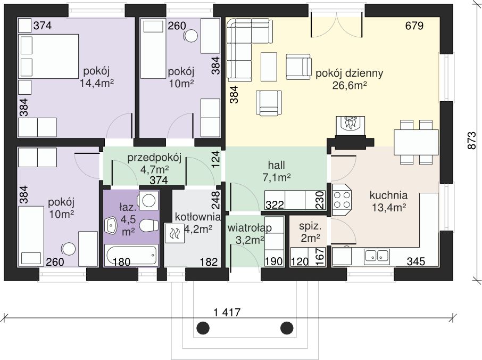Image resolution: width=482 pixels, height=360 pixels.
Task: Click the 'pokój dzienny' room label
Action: click(x=349, y=73)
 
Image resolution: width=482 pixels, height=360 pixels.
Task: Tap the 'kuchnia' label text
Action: click(x=388, y=195)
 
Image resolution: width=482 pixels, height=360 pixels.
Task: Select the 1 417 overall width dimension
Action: click(x=227, y=313)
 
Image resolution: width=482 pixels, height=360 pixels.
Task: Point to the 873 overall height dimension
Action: click(x=471, y=141)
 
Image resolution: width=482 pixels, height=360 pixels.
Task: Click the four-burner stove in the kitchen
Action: click(x=342, y=200)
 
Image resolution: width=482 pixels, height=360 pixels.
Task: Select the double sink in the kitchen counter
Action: click(x=377, y=256)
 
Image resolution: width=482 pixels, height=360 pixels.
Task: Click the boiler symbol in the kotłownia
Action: click(x=174, y=233)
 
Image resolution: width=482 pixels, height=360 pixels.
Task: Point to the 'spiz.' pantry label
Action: click(x=310, y=227)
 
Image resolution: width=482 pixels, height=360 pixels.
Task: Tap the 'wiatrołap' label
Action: click(x=250, y=228)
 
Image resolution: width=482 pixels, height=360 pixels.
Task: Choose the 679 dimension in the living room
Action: click(x=414, y=26)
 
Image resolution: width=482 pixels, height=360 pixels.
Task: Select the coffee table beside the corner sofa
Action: click(x=269, y=67)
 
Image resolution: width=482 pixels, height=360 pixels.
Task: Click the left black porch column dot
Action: click(x=202, y=328)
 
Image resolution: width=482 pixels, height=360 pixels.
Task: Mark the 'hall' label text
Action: click(x=276, y=165)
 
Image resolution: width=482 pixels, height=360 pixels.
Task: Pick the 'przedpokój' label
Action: click(x=154, y=158)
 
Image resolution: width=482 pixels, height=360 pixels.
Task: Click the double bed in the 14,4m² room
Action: click(x=49, y=56)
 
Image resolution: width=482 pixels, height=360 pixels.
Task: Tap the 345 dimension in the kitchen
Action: click(x=416, y=261)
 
